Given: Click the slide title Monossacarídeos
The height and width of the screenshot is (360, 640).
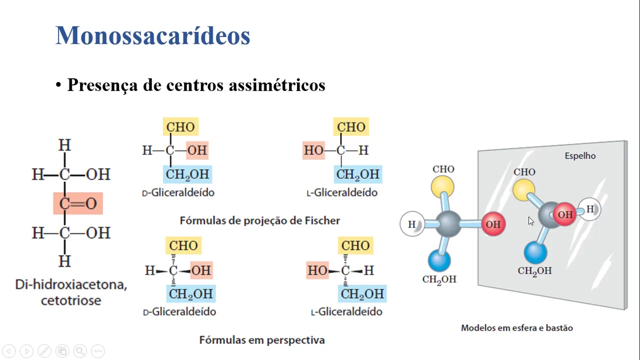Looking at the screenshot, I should click(x=152, y=35).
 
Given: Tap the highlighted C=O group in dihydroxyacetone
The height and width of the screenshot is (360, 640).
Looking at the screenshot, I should click(x=78, y=203).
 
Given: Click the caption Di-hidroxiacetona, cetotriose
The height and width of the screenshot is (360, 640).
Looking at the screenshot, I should click(x=71, y=292).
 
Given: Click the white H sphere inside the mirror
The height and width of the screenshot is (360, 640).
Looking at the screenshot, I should click(x=590, y=209).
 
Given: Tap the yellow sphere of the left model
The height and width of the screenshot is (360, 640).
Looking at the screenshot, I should click(x=442, y=187).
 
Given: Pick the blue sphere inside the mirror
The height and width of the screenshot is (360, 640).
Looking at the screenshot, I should click(x=535, y=252).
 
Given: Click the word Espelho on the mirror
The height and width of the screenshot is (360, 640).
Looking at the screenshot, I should click(x=580, y=156).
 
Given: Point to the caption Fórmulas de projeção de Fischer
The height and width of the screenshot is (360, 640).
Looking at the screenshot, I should click(x=259, y=220).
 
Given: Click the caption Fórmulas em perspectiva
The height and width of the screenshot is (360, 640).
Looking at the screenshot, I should click(x=262, y=340).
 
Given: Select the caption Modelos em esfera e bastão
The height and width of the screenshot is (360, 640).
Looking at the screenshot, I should click(x=516, y=328).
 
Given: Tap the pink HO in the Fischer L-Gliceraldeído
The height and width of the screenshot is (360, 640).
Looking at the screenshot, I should click(x=313, y=150).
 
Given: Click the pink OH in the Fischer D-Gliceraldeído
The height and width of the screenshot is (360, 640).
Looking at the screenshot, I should click(x=197, y=150).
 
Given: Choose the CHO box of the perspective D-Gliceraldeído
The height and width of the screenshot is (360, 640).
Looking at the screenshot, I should click(x=183, y=245).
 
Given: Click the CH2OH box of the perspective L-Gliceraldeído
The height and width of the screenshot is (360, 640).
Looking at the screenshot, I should click(x=362, y=294).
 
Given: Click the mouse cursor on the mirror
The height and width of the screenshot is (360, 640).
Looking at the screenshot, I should click(x=530, y=221).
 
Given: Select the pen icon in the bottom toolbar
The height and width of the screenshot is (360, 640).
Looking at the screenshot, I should click(x=44, y=351).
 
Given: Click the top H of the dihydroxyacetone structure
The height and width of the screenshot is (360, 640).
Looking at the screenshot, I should click(x=64, y=145).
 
